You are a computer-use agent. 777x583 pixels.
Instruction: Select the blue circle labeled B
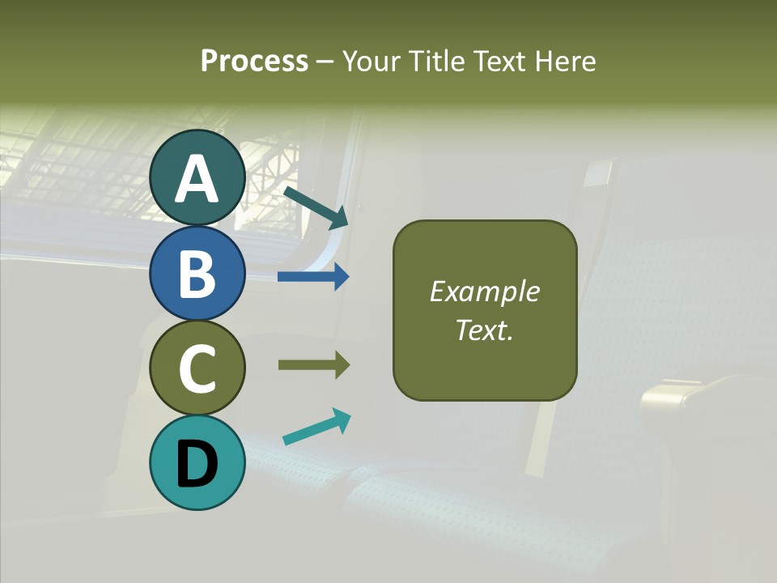tap(197, 273)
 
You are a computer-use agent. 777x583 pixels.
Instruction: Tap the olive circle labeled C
tap(197, 368)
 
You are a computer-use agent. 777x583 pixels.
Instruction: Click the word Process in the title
tap(254, 61)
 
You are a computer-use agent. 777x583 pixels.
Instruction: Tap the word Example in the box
tap(484, 291)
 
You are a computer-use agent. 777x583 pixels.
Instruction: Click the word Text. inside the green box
tap(484, 330)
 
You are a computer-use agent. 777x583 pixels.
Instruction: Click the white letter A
tap(197, 178)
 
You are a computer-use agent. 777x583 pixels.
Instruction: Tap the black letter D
tap(197, 464)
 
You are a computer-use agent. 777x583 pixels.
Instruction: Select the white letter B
tap(197, 273)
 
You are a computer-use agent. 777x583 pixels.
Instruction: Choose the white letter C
tap(197, 368)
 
